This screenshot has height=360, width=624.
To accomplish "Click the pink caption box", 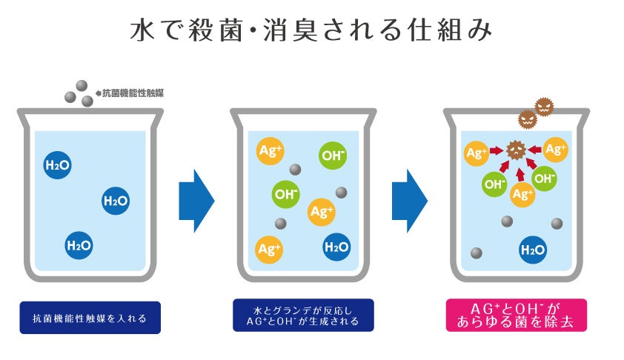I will pos(516,315).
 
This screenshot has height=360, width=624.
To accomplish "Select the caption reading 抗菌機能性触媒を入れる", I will pos(90,318).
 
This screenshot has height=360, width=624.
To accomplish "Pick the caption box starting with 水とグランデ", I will pos(302,315).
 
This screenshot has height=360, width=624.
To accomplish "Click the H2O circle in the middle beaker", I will pos(336,247).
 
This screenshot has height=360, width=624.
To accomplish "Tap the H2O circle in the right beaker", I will pos(533,250).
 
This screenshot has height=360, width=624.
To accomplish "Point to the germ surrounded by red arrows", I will pos(516,151).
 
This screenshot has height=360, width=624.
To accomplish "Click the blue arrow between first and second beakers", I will pos(196,200).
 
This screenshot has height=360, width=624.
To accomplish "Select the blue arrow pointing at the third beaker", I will pos(409,200).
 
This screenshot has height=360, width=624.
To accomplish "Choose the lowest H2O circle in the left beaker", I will pos(79,245).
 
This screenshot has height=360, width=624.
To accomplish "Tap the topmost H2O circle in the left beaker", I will pos(58,165).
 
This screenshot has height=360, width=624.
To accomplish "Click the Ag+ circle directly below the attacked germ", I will pos(523,195).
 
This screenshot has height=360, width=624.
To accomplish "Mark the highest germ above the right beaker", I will pos(544,106).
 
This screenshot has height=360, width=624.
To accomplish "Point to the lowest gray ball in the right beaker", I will pos(477,253).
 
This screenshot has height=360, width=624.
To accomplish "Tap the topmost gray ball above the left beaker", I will pos(82,85).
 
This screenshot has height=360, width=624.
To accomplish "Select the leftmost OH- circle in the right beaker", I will pos(495,183).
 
